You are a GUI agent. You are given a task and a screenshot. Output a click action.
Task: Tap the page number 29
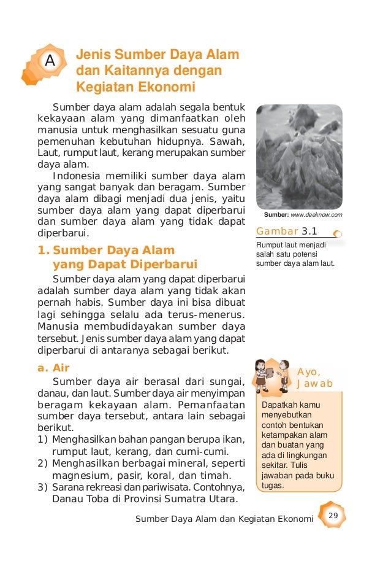333,514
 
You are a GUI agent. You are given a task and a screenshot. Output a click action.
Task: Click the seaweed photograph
298,157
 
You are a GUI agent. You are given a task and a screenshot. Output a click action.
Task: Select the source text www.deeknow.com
316,215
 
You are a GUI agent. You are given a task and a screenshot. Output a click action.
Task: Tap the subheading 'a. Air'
53,368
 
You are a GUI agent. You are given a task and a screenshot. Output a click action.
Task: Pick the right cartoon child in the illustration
283,376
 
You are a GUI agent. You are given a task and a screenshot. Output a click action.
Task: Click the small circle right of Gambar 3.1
338,233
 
